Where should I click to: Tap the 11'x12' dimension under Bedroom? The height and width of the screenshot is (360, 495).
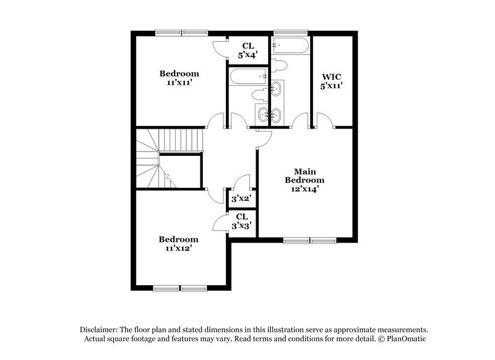point(178,248)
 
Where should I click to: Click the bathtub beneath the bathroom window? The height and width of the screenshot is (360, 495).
point(290,45)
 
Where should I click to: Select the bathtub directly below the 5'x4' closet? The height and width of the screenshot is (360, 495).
point(248,77)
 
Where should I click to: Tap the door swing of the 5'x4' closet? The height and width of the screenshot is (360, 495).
point(220,48)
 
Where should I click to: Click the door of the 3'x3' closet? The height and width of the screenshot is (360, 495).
point(221,220)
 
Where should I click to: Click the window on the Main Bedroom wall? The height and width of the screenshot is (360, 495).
point(310,240)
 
